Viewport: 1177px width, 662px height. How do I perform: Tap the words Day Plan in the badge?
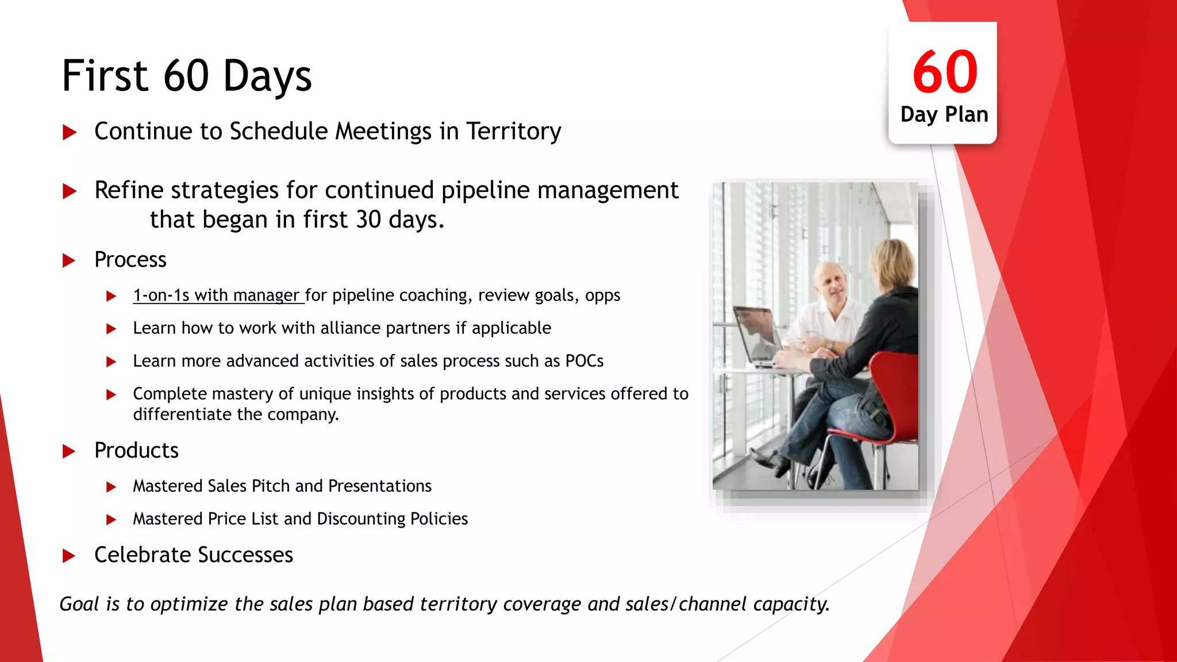pyautogui.click(x=944, y=114)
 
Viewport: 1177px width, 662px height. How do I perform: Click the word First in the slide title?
pyautogui.click(x=105, y=76)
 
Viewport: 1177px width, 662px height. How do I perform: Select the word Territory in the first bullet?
pyautogui.click(x=513, y=131)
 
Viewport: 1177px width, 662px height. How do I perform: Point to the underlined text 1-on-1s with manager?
pyautogui.click(x=217, y=295)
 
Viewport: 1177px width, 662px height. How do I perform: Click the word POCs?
pyautogui.click(x=584, y=361)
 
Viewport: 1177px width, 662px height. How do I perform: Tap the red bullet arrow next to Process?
pyautogui.click(x=69, y=260)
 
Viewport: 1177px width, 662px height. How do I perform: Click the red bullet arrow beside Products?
pyautogui.click(x=69, y=451)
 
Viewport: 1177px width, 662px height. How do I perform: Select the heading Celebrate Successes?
pyautogui.click(x=194, y=555)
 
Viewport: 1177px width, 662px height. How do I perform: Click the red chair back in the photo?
pyautogui.click(x=897, y=391)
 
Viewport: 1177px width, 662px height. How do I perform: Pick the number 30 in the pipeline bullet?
pyautogui.click(x=368, y=220)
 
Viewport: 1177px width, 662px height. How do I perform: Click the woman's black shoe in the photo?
pyautogui.click(x=770, y=460)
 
